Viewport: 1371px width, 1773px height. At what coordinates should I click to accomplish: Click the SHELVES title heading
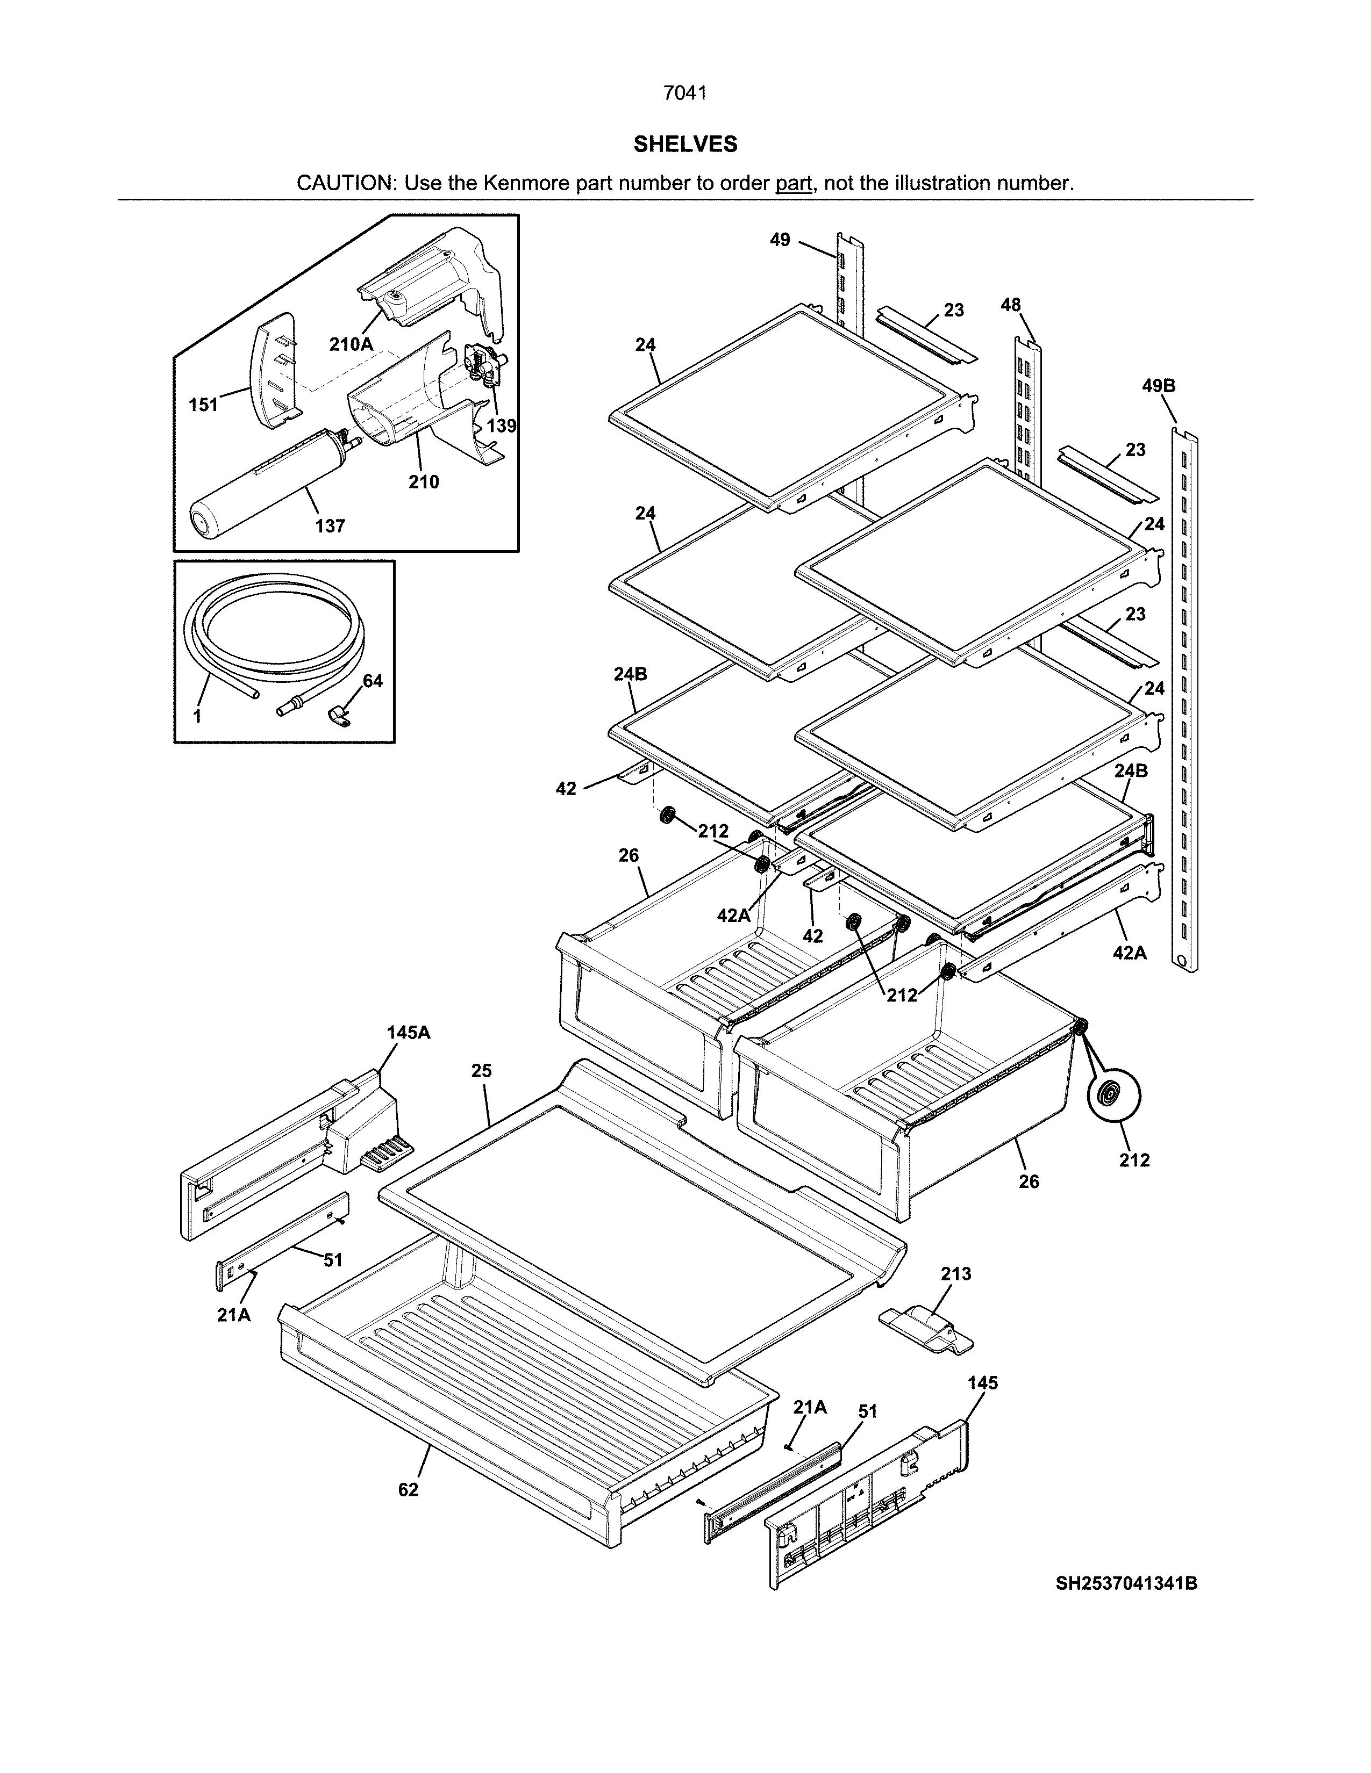click(x=684, y=145)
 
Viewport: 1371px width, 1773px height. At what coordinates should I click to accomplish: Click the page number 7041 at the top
click(x=684, y=93)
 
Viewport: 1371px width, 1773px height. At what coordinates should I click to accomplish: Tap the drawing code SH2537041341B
click(x=1126, y=1583)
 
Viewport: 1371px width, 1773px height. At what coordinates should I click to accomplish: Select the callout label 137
click(x=330, y=526)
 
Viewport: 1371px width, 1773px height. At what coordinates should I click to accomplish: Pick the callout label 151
click(x=204, y=404)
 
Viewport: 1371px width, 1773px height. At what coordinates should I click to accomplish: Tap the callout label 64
click(x=372, y=680)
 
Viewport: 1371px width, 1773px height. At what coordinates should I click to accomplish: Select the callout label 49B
click(x=1158, y=386)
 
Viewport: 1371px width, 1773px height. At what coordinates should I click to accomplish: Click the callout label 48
click(x=1010, y=305)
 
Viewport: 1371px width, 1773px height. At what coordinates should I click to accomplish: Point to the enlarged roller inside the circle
click(x=1113, y=1096)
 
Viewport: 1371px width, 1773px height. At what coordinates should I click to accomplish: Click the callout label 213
click(x=956, y=1274)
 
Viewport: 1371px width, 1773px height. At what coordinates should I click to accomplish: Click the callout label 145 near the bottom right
click(x=983, y=1382)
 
